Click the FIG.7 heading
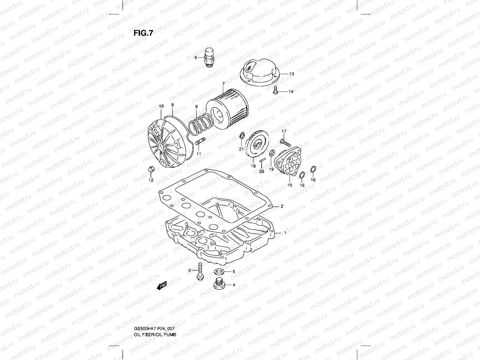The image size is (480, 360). tap(143, 33)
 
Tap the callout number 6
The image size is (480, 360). tap(196, 58)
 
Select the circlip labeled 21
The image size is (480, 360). tap(241, 136)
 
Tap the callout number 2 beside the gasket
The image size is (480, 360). tap(282, 206)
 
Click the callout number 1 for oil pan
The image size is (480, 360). tap(285, 233)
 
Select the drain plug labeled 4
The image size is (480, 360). tap(219, 284)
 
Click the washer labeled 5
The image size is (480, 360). tap(219, 272)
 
